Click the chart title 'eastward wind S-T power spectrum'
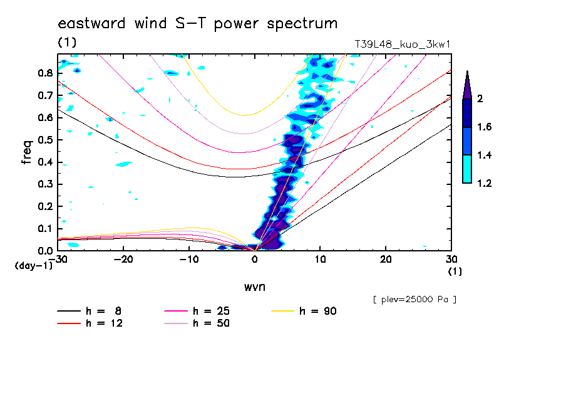click(197, 24)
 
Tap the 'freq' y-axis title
click(27, 152)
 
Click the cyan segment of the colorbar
click(467, 169)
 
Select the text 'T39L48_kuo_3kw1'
click(402, 44)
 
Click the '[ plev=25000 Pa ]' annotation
click(414, 300)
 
